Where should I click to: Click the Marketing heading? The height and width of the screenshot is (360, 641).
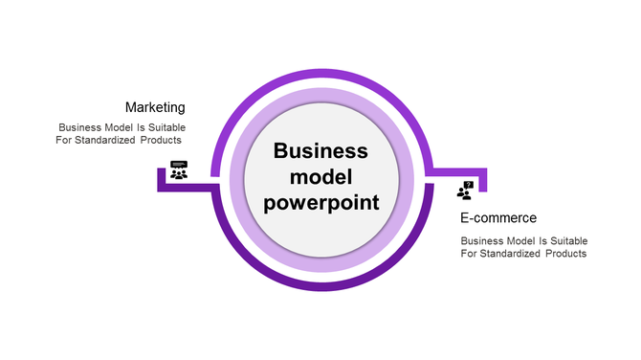click(x=155, y=107)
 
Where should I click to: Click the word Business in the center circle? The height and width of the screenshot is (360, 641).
click(x=320, y=150)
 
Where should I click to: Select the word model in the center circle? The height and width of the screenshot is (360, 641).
click(x=320, y=176)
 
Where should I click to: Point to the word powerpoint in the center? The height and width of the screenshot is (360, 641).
click(x=320, y=202)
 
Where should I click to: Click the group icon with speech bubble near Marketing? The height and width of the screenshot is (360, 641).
click(x=179, y=170)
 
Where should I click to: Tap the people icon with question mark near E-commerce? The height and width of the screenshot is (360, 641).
click(x=466, y=191)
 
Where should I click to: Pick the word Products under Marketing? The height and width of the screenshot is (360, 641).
click(x=163, y=141)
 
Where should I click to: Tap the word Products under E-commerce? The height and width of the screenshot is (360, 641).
click(x=566, y=254)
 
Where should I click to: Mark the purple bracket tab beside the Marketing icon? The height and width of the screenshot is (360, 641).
click(x=161, y=180)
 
